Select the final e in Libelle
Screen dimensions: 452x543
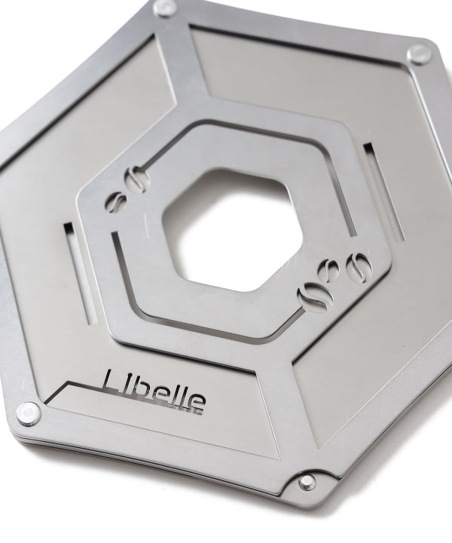197,402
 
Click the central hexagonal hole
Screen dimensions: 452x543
232,229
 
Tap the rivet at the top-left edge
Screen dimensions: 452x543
165,7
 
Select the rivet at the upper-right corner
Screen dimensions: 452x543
420,55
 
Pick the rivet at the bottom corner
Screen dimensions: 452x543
307,481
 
